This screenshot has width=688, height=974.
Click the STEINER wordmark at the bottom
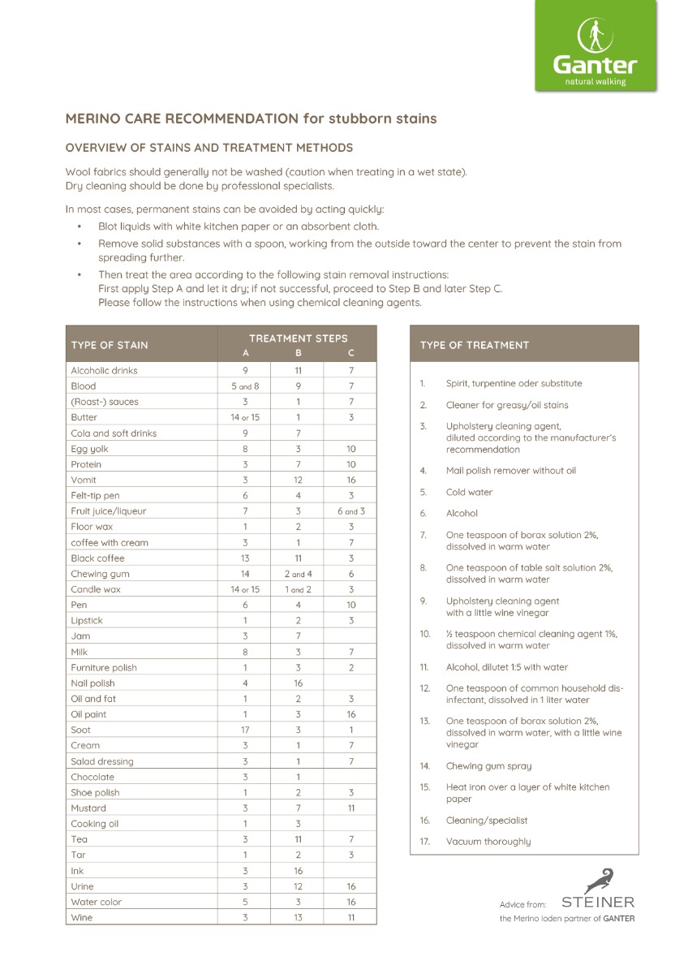click(598, 902)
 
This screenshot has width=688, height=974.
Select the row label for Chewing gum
click(100, 574)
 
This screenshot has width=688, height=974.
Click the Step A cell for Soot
click(245, 730)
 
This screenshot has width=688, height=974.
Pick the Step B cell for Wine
click(298, 917)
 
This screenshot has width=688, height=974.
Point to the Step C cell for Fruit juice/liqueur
click(350, 511)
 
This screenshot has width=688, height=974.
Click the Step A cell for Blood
click(245, 386)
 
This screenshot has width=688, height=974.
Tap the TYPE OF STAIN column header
click(110, 345)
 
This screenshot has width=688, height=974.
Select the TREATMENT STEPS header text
click(298, 338)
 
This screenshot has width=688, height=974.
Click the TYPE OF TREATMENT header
click(474, 345)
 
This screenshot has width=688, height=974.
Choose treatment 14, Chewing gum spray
click(488, 765)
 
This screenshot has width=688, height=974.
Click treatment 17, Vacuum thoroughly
click(488, 842)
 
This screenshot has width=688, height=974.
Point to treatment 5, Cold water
click(469, 492)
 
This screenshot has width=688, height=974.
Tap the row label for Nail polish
click(92, 683)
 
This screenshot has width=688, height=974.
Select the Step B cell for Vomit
click(298, 480)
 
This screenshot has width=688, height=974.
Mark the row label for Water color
click(96, 902)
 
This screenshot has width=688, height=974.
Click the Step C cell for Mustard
click(350, 808)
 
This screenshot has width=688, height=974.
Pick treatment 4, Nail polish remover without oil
click(510, 471)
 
